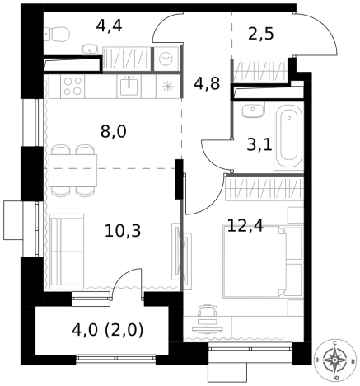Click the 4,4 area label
109,26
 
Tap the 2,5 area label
261,35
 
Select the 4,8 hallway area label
207,83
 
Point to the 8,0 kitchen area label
114,131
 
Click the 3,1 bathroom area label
259,145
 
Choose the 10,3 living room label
123,231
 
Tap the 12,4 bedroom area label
245,226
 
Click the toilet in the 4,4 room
57,34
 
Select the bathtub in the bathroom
288,135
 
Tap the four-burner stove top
72,86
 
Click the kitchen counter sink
129,86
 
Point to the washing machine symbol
166,59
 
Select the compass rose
334,360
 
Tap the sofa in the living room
67,251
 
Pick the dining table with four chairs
73,171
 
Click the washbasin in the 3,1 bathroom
253,110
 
